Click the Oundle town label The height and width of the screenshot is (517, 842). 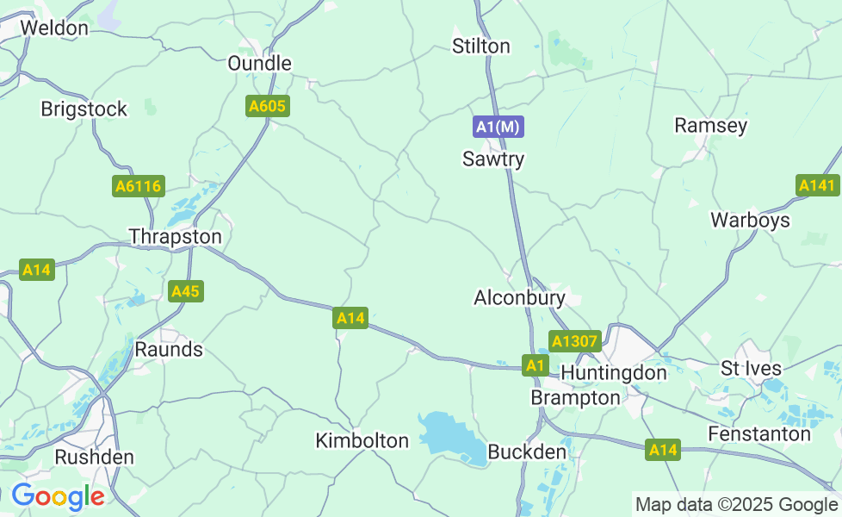coord(259,63)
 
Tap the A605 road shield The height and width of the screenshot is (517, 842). coord(268,106)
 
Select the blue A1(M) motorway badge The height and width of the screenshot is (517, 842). coord(498,127)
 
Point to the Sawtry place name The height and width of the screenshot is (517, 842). coord(493,159)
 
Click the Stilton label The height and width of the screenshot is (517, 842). coord(481,46)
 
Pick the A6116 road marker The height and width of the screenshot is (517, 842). coord(139,186)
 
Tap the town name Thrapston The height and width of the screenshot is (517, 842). coord(175,236)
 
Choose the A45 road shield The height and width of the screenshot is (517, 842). coord(185,291)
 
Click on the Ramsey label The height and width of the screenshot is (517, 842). coord(710,125)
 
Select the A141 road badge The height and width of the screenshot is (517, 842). coord(817,185)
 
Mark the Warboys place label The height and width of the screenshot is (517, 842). coord(750,220)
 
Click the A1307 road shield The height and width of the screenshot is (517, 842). coord(574,341)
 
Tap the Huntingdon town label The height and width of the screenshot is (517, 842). coord(614,373)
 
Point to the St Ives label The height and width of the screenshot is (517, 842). coord(751,369)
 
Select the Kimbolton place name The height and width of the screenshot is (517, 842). coord(362,440)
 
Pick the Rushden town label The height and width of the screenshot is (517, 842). coord(95,457)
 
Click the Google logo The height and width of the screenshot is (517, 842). coord(58,496)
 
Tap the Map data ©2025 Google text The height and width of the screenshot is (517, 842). coord(735,504)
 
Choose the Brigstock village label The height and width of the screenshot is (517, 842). coord(84,109)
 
